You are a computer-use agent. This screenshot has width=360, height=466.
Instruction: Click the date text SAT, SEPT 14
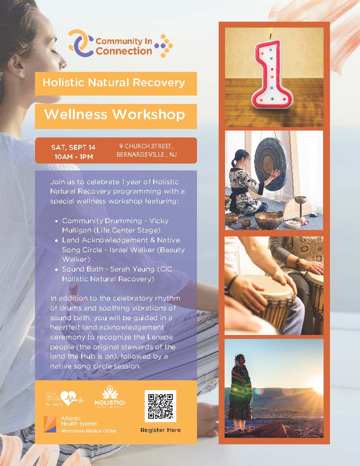[73, 147]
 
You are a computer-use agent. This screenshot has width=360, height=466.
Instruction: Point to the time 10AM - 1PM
[73, 157]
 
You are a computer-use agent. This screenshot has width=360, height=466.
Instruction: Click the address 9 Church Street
[146, 146]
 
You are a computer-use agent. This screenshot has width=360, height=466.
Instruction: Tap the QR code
[160, 406]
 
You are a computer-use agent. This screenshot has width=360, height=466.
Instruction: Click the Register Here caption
[161, 430]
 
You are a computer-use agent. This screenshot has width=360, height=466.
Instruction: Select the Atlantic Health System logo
[79, 424]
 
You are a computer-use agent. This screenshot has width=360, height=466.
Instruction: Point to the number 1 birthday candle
[272, 74]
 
